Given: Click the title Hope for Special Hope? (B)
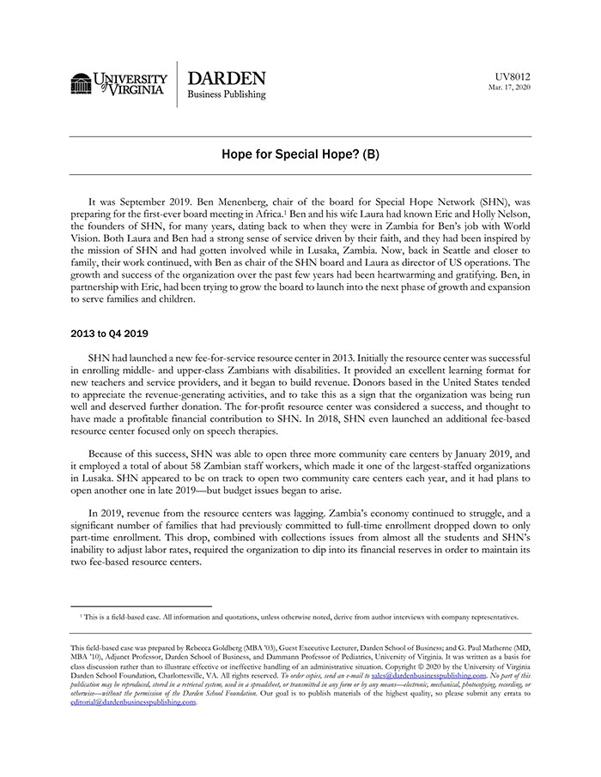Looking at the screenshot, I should tap(300, 155).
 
